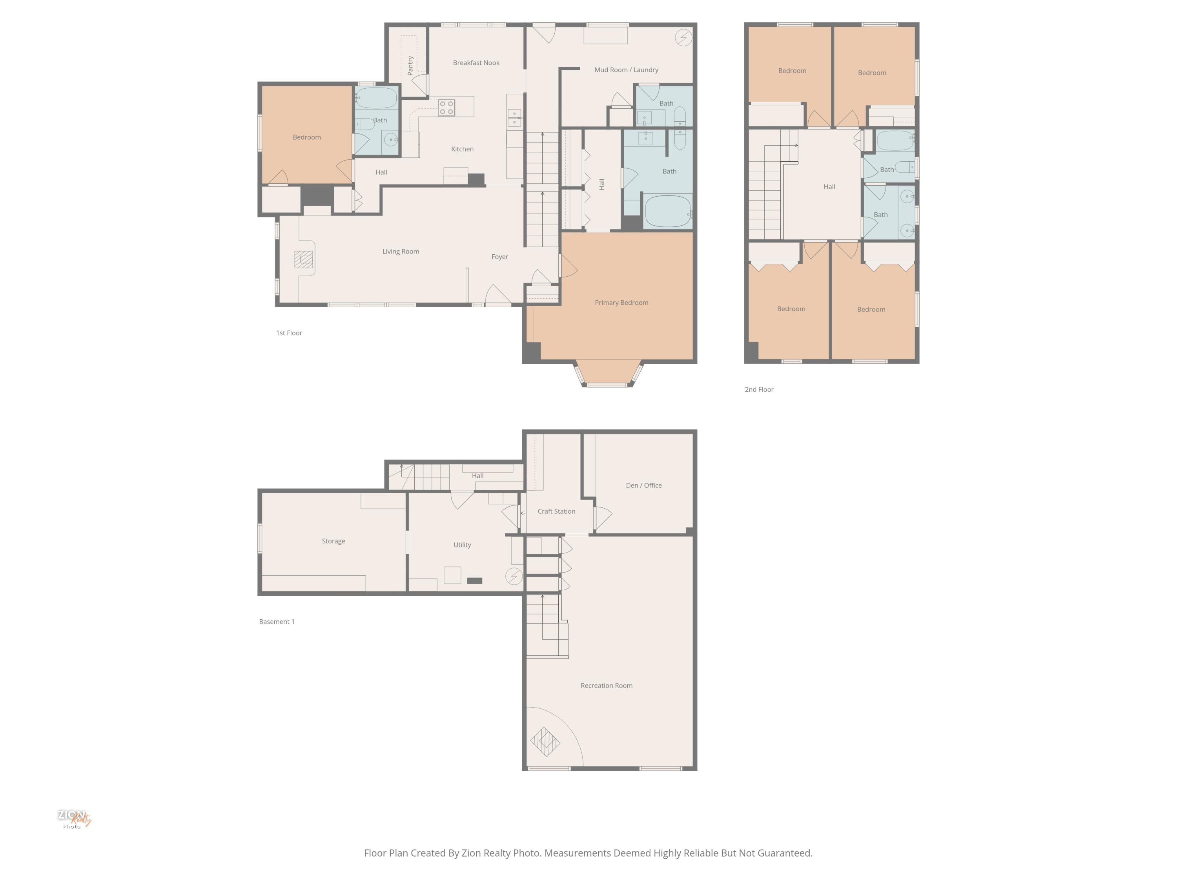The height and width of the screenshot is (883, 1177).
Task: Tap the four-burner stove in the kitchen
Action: pyautogui.click(x=446, y=108)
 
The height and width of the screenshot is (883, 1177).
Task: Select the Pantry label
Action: pyautogui.click(x=410, y=66)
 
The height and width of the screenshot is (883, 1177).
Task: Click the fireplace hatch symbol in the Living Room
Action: pyautogui.click(x=304, y=260)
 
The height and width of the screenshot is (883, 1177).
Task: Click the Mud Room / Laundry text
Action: pyautogui.click(x=626, y=70)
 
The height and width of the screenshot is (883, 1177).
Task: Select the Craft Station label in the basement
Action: pyautogui.click(x=556, y=511)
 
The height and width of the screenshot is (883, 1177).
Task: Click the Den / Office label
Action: pyautogui.click(x=643, y=485)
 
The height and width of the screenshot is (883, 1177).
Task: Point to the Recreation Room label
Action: pyautogui.click(x=606, y=686)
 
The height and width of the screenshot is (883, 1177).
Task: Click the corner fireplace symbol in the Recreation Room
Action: pyautogui.click(x=545, y=741)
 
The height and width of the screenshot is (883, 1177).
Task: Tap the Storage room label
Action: pyautogui.click(x=333, y=541)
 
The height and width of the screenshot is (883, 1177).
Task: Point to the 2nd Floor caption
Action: pyautogui.click(x=759, y=390)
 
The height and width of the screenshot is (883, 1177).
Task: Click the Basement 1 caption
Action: pyautogui.click(x=277, y=622)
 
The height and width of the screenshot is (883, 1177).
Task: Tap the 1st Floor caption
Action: pyautogui.click(x=289, y=333)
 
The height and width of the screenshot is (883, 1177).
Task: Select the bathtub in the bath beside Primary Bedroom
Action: pyautogui.click(x=667, y=211)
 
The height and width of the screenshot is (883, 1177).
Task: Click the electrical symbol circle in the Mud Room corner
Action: pyautogui.click(x=683, y=37)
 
